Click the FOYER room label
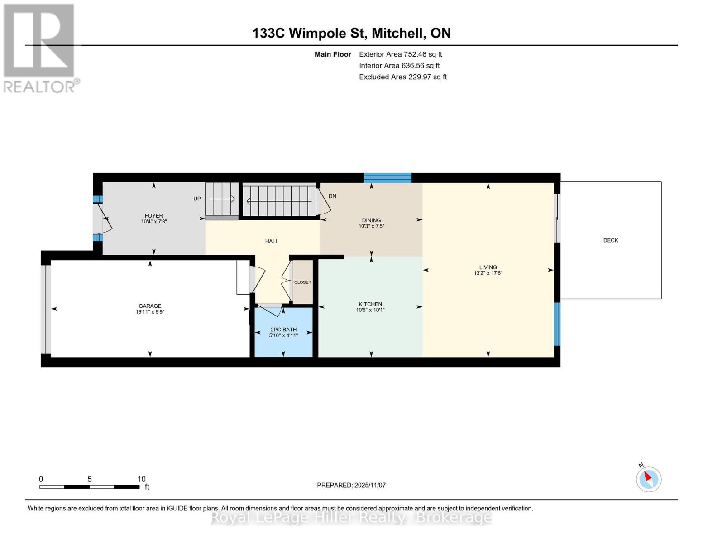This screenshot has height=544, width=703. pos(153,216)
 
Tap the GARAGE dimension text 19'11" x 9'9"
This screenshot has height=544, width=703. pos(150,312)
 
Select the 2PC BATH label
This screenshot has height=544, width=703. pos(283,330)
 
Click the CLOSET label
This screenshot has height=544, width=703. pos(302,282)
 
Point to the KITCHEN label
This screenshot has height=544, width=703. pos(370,304)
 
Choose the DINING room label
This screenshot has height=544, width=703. pos(371,220)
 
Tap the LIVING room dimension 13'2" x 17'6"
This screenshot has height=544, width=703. pos(488,273)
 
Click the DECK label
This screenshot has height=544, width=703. pos(610,240)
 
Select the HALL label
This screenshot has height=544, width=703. pos(272,241)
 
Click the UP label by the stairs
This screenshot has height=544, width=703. pos(197,199)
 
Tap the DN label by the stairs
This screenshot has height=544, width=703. pos(332,196)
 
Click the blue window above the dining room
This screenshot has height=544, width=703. pos(388,178)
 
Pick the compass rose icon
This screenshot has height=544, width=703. pos(649,479)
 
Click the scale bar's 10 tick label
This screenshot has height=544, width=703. pos(142,479)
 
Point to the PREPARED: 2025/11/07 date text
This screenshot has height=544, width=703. pos(351,485)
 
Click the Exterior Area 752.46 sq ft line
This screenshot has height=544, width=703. pos(400,54)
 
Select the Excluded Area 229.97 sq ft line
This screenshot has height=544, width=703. pos(402,77)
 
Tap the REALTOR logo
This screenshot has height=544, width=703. pos(40,48)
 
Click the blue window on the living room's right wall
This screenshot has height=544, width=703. pos(557,324)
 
